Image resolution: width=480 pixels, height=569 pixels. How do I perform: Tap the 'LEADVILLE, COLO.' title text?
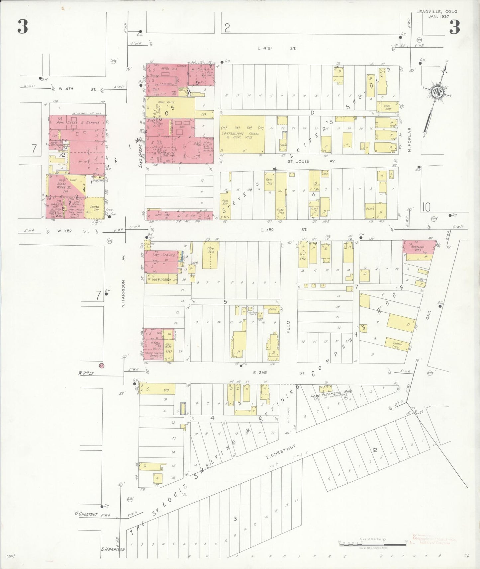[x=437, y=12]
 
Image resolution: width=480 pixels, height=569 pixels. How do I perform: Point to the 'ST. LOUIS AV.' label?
[x=311, y=161]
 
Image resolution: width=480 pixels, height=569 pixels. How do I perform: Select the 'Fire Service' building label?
[x=163, y=255]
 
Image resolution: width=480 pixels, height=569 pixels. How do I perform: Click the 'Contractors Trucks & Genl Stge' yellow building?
[x=241, y=134]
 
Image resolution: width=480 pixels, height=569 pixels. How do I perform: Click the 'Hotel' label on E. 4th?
[x=165, y=68]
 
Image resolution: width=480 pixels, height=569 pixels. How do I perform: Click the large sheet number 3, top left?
[x=23, y=27]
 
